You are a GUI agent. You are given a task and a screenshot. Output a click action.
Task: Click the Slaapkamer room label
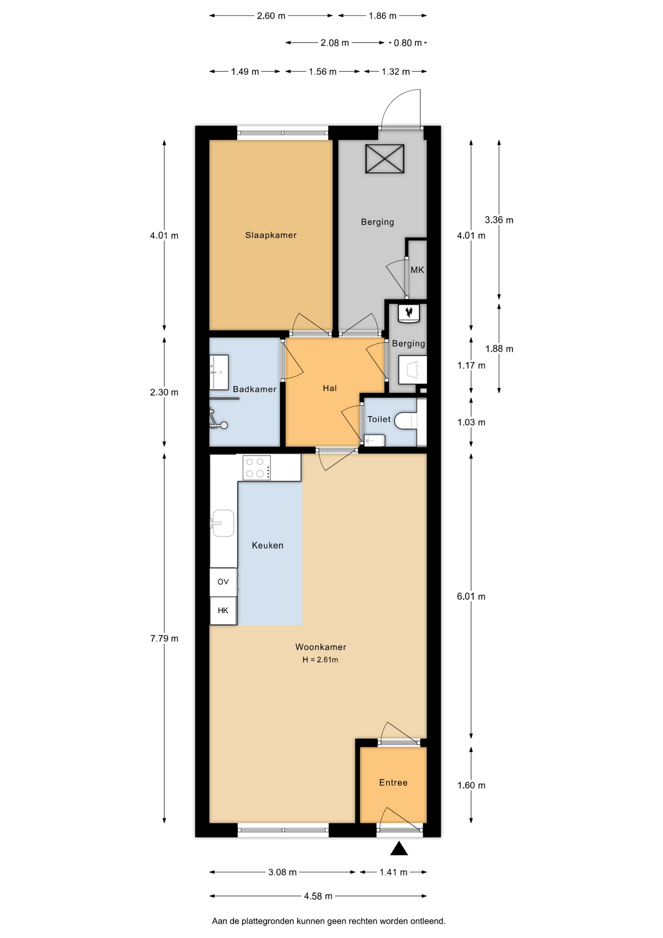point(270,235)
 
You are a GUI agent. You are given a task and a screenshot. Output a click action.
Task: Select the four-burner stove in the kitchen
point(257,468)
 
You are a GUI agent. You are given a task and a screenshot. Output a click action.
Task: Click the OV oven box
point(223,582)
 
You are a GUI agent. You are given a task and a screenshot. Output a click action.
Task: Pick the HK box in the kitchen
point(223,611)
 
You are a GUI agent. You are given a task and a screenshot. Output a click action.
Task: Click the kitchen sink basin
point(223,523)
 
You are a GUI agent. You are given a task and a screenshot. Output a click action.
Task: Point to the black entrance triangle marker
point(399,849)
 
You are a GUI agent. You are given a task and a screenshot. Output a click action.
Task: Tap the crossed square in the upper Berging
point(385,159)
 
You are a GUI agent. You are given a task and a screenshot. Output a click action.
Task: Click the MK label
point(417,270)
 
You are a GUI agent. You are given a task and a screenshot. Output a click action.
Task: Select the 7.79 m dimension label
point(164,639)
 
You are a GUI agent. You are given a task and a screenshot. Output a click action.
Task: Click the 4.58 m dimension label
point(318,896)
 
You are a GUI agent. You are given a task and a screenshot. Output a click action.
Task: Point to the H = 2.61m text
point(320,660)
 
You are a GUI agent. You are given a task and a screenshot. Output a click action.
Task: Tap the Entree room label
point(393,783)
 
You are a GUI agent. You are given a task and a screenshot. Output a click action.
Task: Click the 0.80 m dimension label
point(408,43)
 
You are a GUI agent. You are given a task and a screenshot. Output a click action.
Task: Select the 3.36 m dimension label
point(499,220)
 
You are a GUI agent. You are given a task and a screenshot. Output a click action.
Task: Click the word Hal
point(330,388)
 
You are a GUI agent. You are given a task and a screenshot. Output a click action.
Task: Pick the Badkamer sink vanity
point(219,372)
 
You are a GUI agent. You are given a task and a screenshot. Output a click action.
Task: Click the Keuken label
point(268,545)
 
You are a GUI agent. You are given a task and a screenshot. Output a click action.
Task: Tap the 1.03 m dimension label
point(471,423)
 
